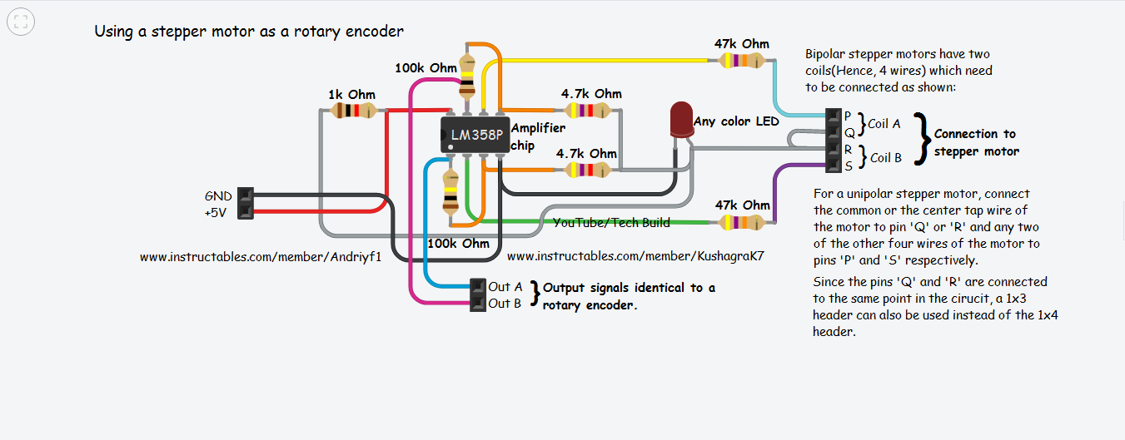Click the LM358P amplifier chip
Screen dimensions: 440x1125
474,134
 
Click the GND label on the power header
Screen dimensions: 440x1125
218,196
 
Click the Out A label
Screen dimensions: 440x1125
505,287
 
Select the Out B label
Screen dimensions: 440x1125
505,304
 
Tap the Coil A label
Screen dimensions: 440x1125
884,124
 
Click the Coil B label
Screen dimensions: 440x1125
886,157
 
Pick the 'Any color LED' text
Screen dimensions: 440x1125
736,121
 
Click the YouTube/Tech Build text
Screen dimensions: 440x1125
611,222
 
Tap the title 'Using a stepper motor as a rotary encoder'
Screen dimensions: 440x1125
249,32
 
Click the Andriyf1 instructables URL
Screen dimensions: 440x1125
261,257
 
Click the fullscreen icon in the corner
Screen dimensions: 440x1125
20,22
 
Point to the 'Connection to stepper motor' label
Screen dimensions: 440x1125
976,142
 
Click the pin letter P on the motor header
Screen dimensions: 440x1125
848,116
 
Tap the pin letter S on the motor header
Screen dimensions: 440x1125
848,166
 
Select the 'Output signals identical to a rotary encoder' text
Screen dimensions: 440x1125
629,296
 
